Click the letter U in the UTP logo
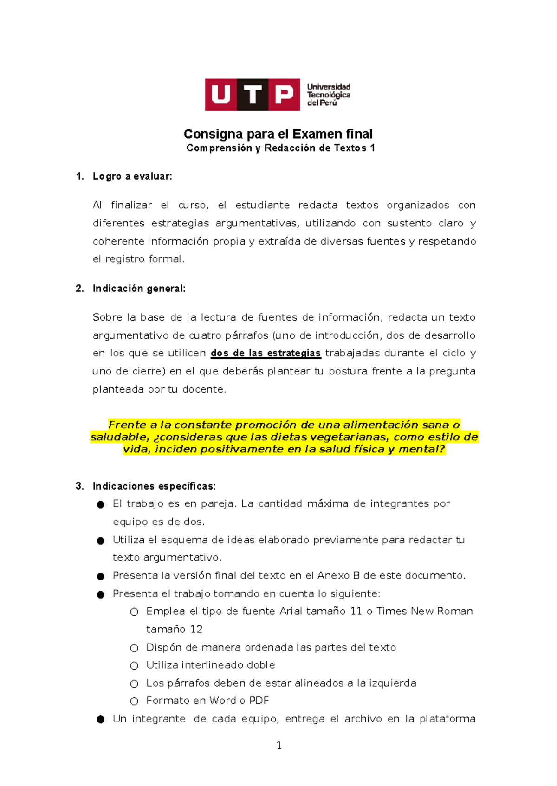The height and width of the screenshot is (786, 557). click(x=221, y=95)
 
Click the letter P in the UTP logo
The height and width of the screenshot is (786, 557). click(x=284, y=95)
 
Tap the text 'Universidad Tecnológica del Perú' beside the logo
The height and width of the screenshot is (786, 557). click(x=328, y=95)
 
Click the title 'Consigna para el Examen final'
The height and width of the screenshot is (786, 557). click(x=278, y=134)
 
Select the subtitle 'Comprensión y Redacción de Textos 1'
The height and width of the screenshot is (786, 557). click(x=280, y=148)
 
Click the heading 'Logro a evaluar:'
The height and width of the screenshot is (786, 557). click(x=132, y=176)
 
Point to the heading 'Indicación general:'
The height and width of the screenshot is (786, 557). click(x=139, y=289)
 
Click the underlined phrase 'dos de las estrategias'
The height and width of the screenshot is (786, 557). click(x=266, y=353)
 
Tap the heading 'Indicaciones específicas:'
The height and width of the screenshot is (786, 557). click(x=154, y=486)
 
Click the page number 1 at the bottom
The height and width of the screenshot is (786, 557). click(x=279, y=746)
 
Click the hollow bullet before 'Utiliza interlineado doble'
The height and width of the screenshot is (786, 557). click(x=134, y=666)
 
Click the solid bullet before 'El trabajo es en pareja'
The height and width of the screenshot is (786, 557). click(x=101, y=504)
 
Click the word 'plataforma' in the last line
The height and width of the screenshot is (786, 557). click(x=447, y=719)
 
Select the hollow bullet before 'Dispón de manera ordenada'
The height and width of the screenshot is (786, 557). click(x=134, y=648)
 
